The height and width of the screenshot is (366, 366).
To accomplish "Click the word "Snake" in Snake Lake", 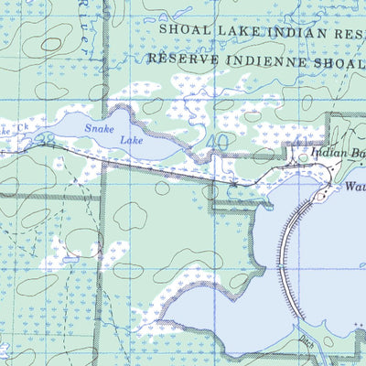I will click(x=100, y=129).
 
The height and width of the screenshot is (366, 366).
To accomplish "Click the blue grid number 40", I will click(x=217, y=143).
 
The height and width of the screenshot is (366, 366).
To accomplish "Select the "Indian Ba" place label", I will click(x=337, y=155).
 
